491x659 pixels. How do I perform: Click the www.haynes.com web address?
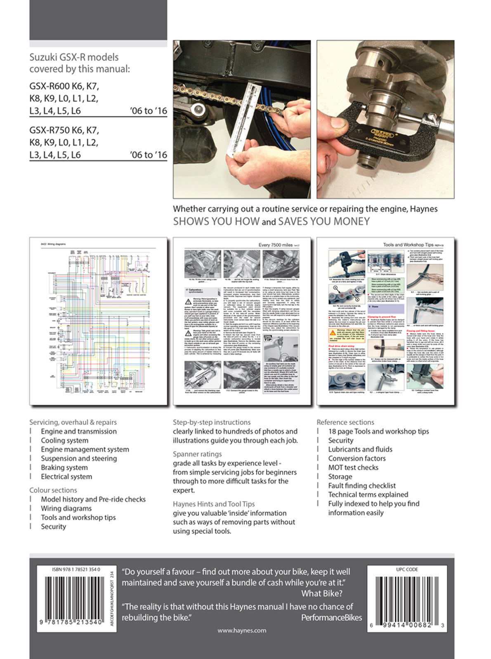point(242,630)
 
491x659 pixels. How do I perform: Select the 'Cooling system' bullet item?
point(64,440)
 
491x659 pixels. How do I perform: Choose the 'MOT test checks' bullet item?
point(353,467)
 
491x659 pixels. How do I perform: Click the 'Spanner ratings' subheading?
point(197,454)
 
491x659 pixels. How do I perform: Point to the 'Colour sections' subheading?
point(53,490)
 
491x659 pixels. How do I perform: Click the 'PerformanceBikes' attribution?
point(331,617)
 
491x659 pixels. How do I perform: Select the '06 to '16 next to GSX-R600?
point(148,111)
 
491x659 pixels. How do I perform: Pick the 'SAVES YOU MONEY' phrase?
point(324,221)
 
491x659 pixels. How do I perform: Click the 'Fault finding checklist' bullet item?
point(362,485)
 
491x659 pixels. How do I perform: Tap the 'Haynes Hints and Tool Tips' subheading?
point(214,504)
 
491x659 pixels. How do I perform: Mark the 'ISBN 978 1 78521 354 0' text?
point(76,569)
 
